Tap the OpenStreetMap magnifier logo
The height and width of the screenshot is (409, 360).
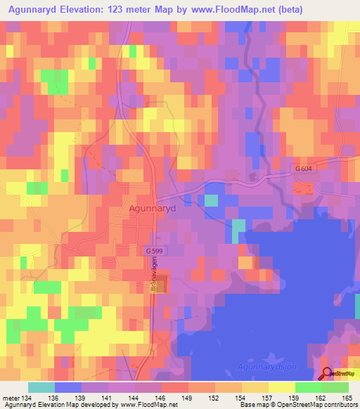(328, 374)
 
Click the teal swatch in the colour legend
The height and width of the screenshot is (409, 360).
(41, 387)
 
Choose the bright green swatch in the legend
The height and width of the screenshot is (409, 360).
(309, 387)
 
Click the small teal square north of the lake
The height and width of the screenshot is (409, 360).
(211, 200)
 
